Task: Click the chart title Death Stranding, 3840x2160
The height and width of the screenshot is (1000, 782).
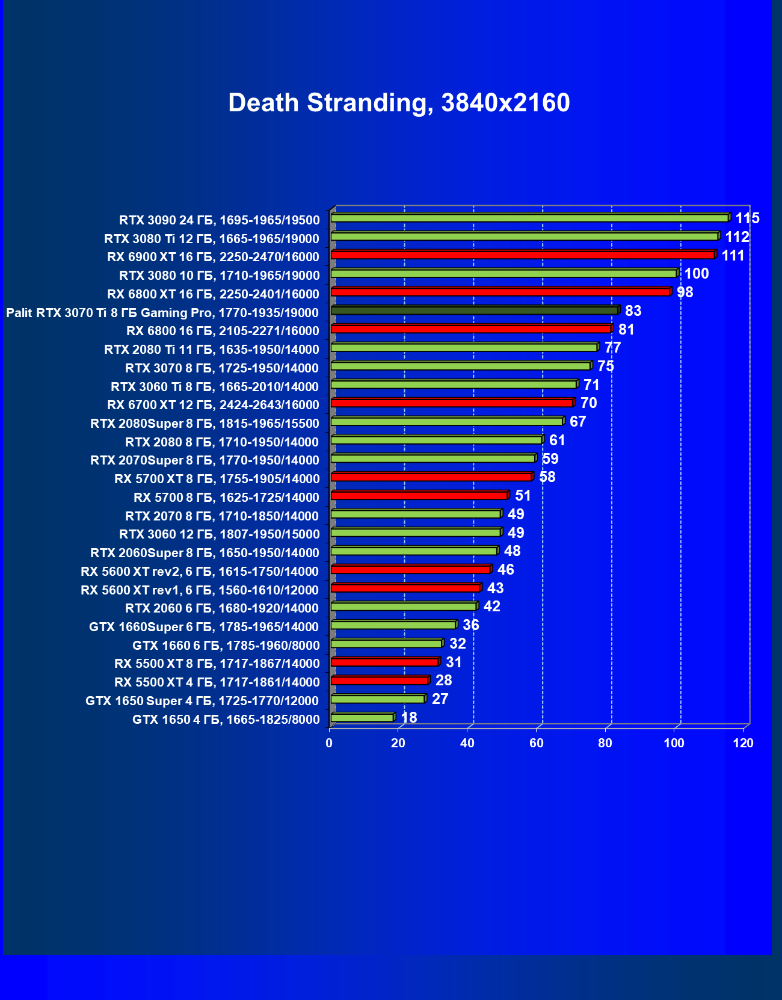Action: (399, 103)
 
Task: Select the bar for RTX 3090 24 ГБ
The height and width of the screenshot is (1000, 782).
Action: (529, 218)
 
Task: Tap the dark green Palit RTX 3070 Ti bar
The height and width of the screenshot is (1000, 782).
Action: (474, 310)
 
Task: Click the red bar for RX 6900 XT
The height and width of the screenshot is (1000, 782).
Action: (522, 255)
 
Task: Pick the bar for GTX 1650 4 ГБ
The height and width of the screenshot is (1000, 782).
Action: (362, 717)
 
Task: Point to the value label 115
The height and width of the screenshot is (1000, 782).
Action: (747, 218)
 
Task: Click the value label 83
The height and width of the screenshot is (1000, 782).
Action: (633, 311)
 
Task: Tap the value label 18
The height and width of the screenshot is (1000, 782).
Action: (408, 718)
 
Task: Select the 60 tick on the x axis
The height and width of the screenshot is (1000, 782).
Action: (536, 743)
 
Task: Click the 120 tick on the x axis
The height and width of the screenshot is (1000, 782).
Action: (743, 743)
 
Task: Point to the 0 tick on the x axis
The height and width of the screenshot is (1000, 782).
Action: (329, 743)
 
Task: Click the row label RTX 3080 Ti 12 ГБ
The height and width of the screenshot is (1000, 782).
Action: (212, 238)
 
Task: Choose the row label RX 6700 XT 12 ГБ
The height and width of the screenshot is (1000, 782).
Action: (213, 404)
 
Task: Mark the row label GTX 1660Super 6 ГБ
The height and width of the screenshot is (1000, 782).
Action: (204, 627)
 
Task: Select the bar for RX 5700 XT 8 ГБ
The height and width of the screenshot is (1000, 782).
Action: (431, 477)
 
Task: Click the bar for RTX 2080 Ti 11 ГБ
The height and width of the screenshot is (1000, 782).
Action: (464, 347)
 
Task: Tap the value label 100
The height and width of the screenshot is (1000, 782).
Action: (696, 274)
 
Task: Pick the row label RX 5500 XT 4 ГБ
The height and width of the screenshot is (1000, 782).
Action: (217, 682)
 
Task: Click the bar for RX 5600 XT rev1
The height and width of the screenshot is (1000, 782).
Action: (405, 588)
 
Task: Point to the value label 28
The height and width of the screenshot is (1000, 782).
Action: (443, 681)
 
